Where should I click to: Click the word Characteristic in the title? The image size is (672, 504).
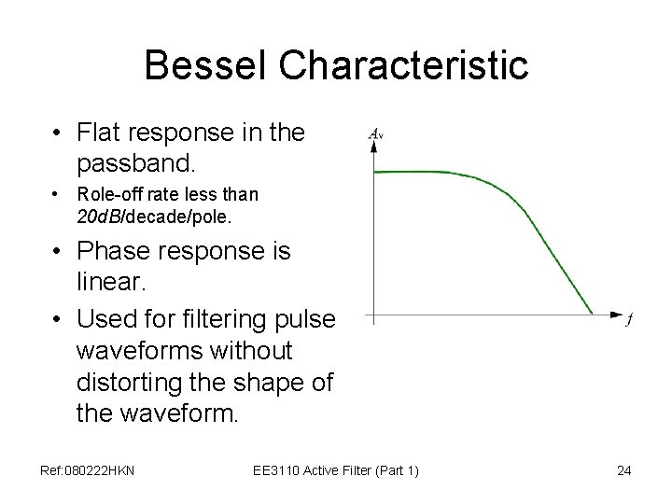404,66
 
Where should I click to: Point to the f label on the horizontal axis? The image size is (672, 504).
630,320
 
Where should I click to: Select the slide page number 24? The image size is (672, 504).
624,470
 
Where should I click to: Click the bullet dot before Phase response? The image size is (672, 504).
59,252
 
